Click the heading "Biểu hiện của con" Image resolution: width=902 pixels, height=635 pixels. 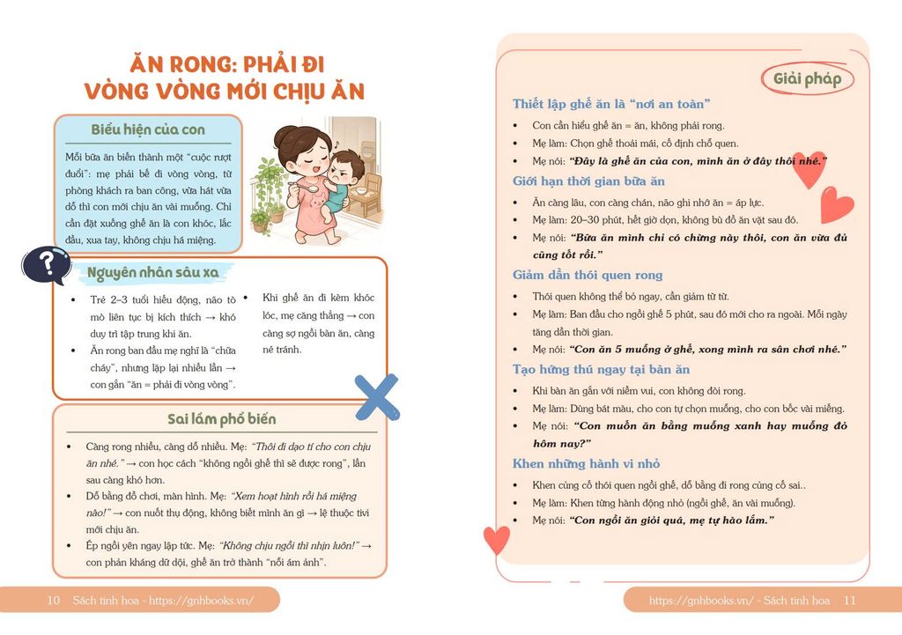coord(148,129)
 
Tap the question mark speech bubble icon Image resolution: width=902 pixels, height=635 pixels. coord(46,265)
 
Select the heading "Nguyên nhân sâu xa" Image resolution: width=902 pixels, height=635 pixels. coord(152,272)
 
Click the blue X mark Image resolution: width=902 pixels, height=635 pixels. coord(376,397)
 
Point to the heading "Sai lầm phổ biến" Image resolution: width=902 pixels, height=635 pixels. coord(221,418)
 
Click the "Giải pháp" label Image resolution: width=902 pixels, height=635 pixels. coord(807,78)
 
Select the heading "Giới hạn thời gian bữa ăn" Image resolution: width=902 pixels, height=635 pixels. coord(588,181)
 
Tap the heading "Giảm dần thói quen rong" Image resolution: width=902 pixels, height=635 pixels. coord(588,275)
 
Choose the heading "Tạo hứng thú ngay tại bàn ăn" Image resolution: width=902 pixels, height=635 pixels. coord(601,369)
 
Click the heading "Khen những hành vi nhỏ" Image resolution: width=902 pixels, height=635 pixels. coord(586,463)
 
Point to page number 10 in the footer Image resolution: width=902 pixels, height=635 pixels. coord(53,601)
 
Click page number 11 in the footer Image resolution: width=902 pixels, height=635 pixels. coord(849,601)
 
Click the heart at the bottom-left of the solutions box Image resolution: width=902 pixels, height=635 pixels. coord(497,538)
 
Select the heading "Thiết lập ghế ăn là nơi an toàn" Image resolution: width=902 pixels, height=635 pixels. coord(611,104)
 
